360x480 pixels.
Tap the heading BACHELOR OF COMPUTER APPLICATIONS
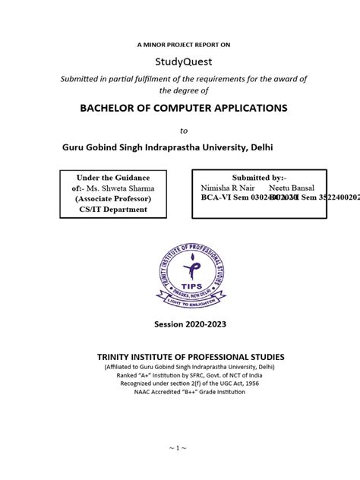click(184, 108)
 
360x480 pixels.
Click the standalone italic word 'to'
click(182, 130)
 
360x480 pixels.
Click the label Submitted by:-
click(259, 176)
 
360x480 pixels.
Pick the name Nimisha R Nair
click(229, 188)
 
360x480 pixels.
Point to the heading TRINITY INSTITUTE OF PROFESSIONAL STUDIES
click(190, 357)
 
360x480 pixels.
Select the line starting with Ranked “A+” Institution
click(190, 375)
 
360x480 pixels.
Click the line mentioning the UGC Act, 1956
click(190, 384)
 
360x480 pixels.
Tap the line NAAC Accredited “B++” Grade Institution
click(190, 393)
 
